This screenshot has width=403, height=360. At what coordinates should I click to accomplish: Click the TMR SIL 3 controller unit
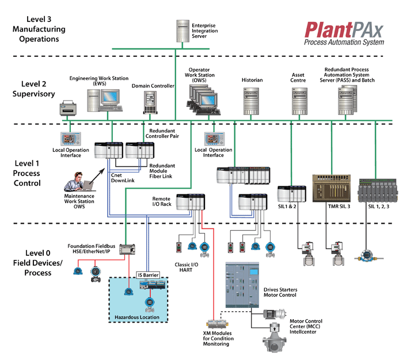(329, 187)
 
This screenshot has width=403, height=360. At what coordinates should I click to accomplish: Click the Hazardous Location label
(138, 316)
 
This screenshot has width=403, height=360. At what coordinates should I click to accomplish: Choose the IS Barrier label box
(147, 275)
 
